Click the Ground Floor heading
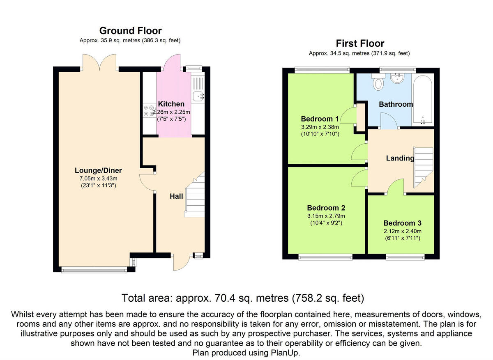(x=131, y=31)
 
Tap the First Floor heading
(x=360, y=44)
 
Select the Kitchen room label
(x=171, y=104)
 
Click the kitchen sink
(x=198, y=96)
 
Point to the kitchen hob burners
(x=149, y=110)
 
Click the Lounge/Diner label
(x=98, y=170)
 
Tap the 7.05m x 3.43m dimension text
(x=98, y=178)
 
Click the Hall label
(x=176, y=196)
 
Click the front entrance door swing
(x=181, y=262)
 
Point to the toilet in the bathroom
(x=378, y=82)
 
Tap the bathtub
(x=423, y=100)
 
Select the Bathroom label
(x=396, y=104)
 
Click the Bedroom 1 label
(x=320, y=119)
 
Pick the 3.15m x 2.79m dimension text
(x=326, y=216)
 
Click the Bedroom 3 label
(x=402, y=223)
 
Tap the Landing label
(x=400, y=158)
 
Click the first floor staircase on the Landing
(x=423, y=167)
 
